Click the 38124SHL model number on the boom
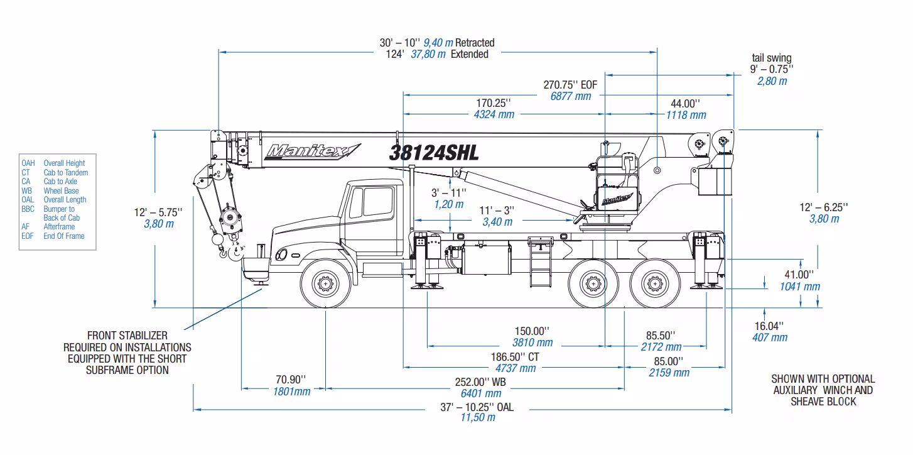[x=433, y=153]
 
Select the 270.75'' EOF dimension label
[x=570, y=85]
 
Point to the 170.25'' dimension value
[x=494, y=103]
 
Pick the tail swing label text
[x=772, y=58]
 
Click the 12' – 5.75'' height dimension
[x=158, y=212]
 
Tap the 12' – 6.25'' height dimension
[x=824, y=207]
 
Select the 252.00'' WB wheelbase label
[x=480, y=381]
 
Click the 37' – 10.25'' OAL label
[x=477, y=407]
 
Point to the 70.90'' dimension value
[x=291, y=379]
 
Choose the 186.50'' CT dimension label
[x=515, y=356]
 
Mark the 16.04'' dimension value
[x=769, y=326]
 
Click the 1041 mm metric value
[x=799, y=287]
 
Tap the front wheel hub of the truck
[x=325, y=284]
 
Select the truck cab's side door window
[x=378, y=201]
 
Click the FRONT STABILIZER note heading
[x=127, y=336]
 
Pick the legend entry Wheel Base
[x=61, y=190]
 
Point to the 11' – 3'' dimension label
[x=497, y=210]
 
